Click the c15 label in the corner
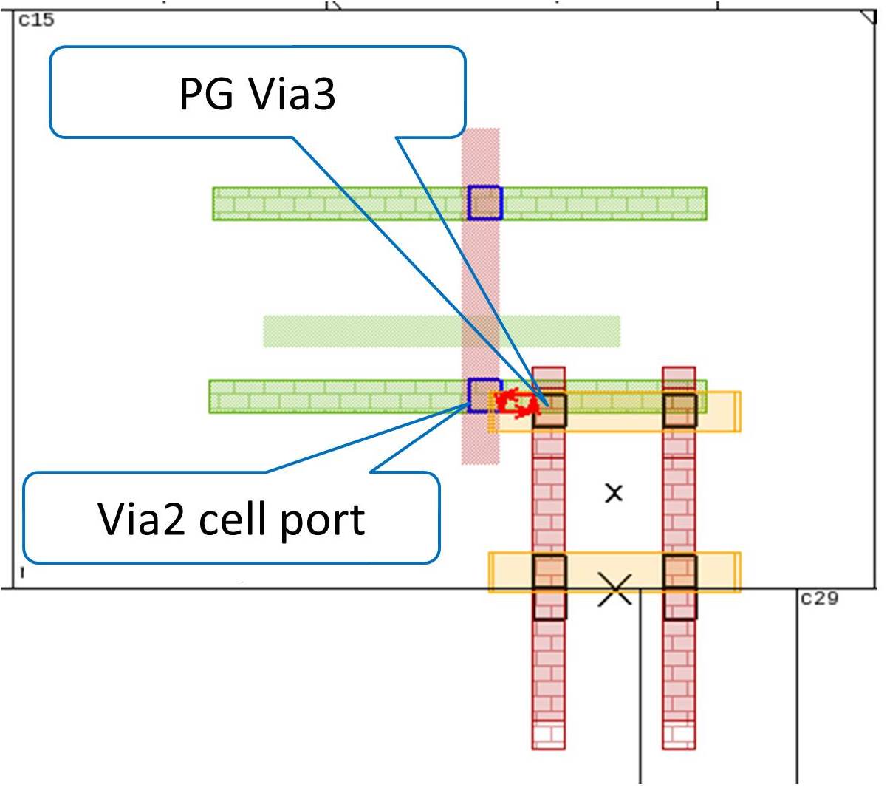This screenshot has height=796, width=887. point(36,20)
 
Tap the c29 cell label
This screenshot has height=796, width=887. point(819,598)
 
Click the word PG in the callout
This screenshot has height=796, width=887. point(206,94)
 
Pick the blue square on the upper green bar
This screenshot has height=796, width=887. point(484,203)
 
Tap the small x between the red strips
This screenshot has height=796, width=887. point(614,493)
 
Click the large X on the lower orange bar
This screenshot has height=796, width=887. point(614,590)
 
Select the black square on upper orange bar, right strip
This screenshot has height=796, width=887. point(679,410)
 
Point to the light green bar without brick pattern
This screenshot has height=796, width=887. point(442,331)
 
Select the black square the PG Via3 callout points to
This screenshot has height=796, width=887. point(549,410)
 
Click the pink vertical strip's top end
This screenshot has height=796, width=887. point(480,129)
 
